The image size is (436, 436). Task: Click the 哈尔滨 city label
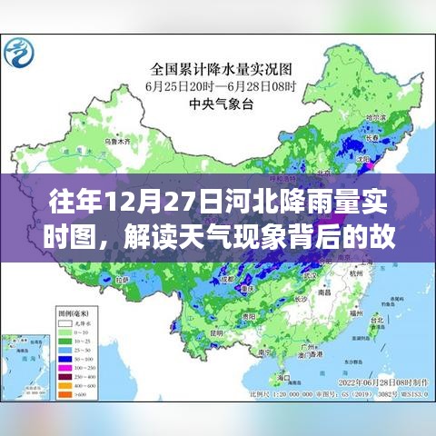coord(366,117)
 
